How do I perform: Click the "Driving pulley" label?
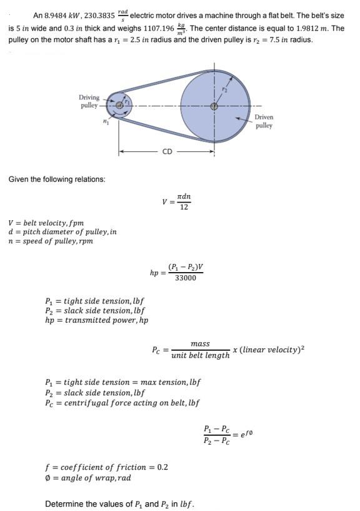[x=89, y=101]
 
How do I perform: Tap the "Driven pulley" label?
[x=264, y=121]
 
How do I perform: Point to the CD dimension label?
[x=167, y=151]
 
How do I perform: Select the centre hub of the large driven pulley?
[x=214, y=106]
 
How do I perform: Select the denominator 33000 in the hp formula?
[x=186, y=278]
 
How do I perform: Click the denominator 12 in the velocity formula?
[x=184, y=207]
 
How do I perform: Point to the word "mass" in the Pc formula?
[x=200, y=343]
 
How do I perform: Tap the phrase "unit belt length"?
[x=200, y=355]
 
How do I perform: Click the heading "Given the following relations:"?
[x=57, y=179]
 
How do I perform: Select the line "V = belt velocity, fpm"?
[x=46, y=223]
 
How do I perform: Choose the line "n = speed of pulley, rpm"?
[x=51, y=241]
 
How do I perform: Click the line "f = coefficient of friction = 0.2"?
[x=106, y=467]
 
